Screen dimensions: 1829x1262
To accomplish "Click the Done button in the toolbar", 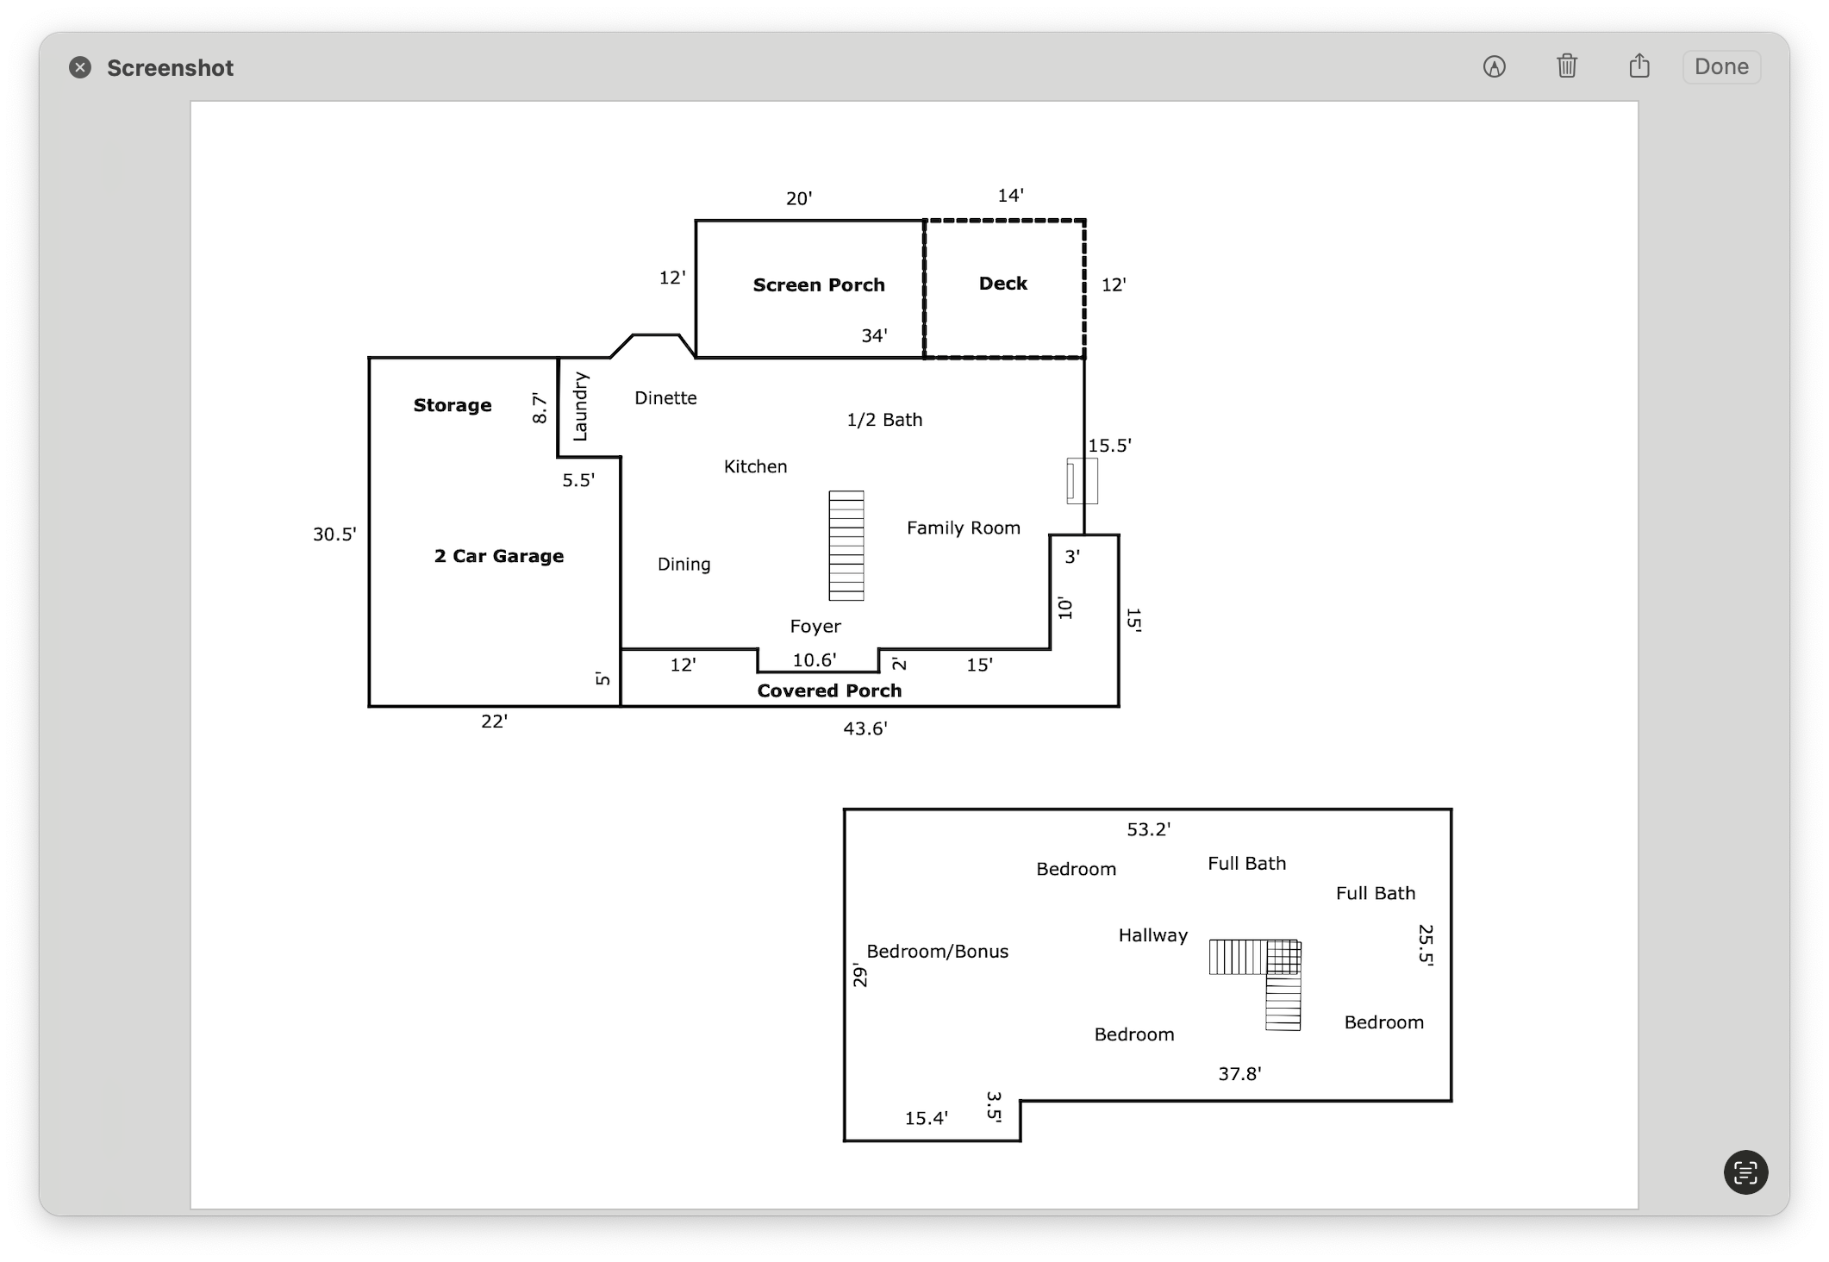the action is [x=1721, y=67].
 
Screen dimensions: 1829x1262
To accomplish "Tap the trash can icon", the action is [x=1567, y=66].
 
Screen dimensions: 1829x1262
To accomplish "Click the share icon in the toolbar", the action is [x=1639, y=66].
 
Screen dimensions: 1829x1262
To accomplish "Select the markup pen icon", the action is [x=1495, y=66].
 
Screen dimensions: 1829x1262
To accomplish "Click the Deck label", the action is [x=1003, y=284].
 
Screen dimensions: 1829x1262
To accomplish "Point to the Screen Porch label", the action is [x=819, y=285].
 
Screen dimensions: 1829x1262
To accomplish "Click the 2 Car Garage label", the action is [x=499, y=556].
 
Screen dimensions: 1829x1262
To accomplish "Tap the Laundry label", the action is [x=580, y=406].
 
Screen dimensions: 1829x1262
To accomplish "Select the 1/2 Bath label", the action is [x=884, y=420].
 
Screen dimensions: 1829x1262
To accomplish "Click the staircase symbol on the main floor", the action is [x=846, y=546].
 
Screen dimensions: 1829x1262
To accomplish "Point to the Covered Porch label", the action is [x=829, y=690].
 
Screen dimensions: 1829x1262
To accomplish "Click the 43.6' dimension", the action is [x=865, y=728].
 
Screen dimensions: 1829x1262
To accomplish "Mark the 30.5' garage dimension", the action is [x=334, y=534].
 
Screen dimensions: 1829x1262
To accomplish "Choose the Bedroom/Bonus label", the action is [x=937, y=952].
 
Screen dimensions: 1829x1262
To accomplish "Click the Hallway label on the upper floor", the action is [x=1153, y=935].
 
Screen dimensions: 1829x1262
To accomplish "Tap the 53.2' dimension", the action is [x=1149, y=829].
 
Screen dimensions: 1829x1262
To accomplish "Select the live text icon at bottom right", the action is [x=1745, y=1172].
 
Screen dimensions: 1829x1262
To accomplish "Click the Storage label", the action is [x=453, y=405].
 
